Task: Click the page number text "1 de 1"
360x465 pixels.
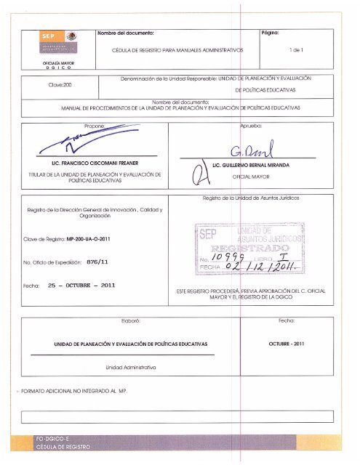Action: (x=297, y=50)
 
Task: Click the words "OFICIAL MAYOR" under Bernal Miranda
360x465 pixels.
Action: (x=247, y=177)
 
